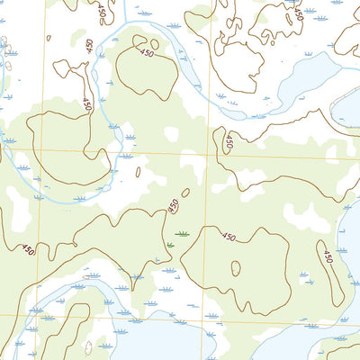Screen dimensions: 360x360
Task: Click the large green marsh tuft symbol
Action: tap(183, 233)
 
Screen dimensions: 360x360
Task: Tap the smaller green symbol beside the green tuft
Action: tap(169, 244)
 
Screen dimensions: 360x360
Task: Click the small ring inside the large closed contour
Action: tap(236, 268)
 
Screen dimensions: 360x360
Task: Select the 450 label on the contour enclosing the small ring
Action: tap(229, 238)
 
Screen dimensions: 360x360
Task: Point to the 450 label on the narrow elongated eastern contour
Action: tap(328, 258)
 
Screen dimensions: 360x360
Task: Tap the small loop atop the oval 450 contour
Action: tap(153, 42)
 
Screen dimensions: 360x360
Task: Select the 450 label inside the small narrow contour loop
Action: tap(229, 142)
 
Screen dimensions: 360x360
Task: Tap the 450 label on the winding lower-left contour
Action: tap(28, 250)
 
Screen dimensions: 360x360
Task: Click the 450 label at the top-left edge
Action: tap(101, 12)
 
